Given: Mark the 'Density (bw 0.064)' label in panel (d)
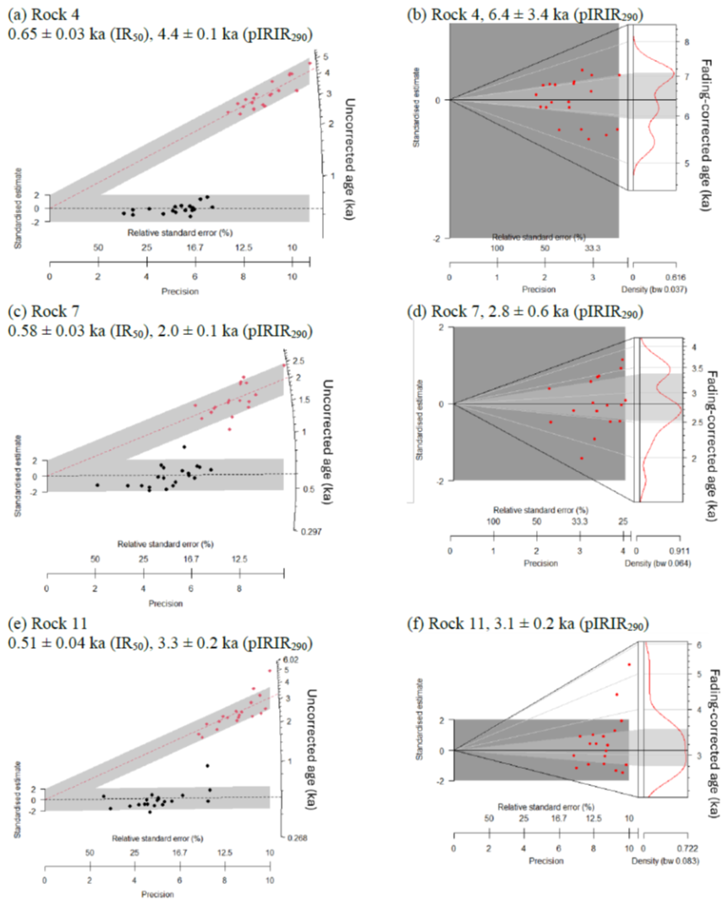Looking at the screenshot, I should (663, 562).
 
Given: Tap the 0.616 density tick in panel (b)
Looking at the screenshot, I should (673, 276).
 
